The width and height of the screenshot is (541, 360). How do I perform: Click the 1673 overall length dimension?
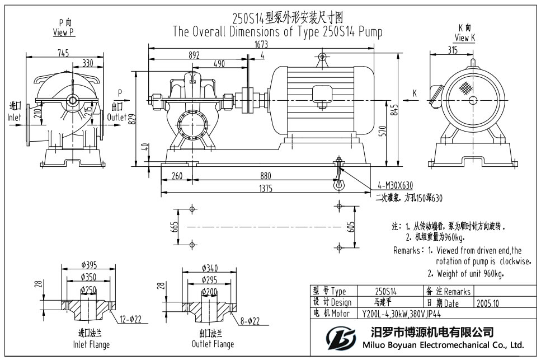point(261,44)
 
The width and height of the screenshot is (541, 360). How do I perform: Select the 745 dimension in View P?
point(63,53)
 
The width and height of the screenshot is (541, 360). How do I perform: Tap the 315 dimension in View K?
point(453,50)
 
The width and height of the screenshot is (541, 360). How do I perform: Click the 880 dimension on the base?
point(264,175)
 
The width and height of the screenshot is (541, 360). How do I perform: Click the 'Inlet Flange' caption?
point(91,344)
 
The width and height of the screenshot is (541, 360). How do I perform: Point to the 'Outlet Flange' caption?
point(213,344)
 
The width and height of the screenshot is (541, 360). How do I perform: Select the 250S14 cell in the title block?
point(385,291)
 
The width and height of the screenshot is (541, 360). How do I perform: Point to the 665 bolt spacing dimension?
point(175,227)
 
